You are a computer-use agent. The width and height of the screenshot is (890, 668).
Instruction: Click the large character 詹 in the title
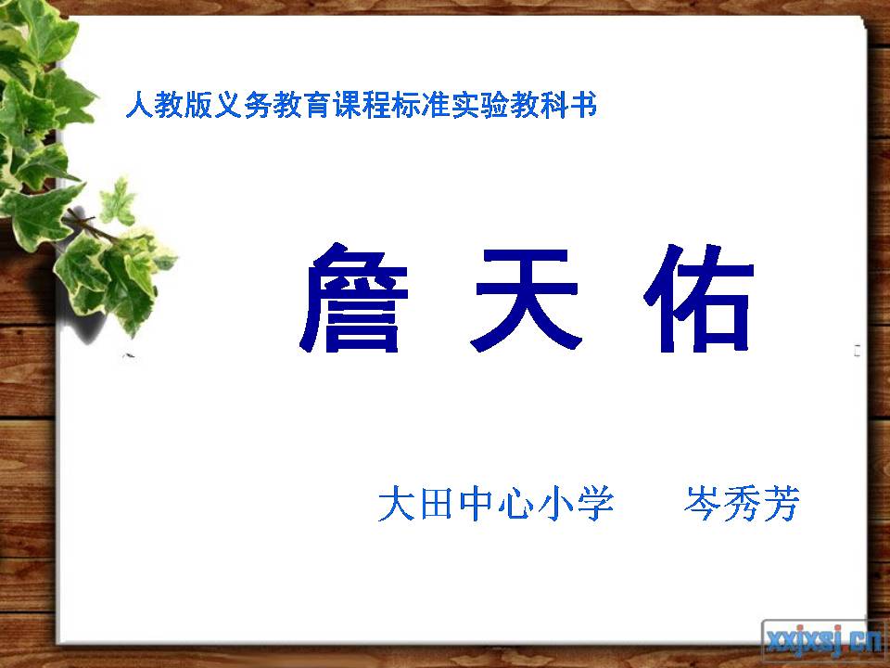click(351, 300)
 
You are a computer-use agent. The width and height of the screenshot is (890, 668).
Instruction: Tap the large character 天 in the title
click(528, 300)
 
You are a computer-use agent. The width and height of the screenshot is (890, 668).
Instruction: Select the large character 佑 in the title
click(698, 300)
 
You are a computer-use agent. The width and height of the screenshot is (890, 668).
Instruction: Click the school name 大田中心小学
click(496, 506)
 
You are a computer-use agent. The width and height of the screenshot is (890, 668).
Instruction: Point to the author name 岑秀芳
click(741, 506)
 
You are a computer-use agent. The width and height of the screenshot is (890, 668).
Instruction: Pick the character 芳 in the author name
click(780, 506)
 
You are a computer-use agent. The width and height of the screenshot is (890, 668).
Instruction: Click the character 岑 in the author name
click(702, 506)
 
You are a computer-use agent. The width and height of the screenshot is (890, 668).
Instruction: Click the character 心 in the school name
click(515, 506)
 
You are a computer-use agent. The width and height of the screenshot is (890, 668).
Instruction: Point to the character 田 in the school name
click(436, 506)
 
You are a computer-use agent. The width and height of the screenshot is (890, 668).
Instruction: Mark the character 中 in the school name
click(476, 506)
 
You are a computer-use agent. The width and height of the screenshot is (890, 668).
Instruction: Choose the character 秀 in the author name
click(741, 506)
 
